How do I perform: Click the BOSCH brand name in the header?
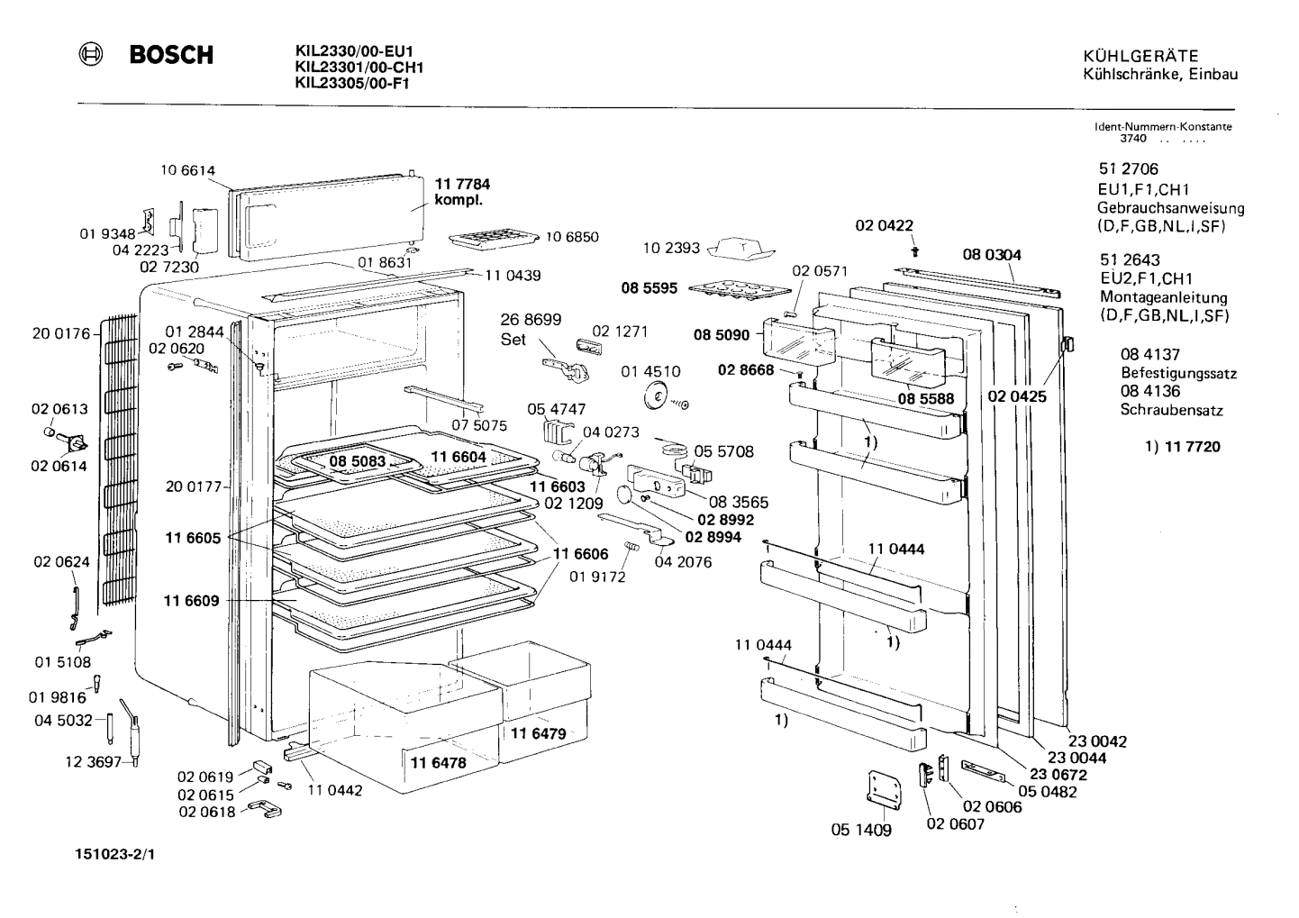click(x=171, y=55)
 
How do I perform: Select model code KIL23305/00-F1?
click(x=352, y=82)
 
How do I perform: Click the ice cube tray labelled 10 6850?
click(x=492, y=240)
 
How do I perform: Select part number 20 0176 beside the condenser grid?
click(x=61, y=333)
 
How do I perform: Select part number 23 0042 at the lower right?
click(x=1097, y=741)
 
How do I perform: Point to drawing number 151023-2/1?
click(x=114, y=850)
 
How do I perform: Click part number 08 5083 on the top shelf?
click(x=357, y=462)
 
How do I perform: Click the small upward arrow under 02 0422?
click(x=915, y=250)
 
